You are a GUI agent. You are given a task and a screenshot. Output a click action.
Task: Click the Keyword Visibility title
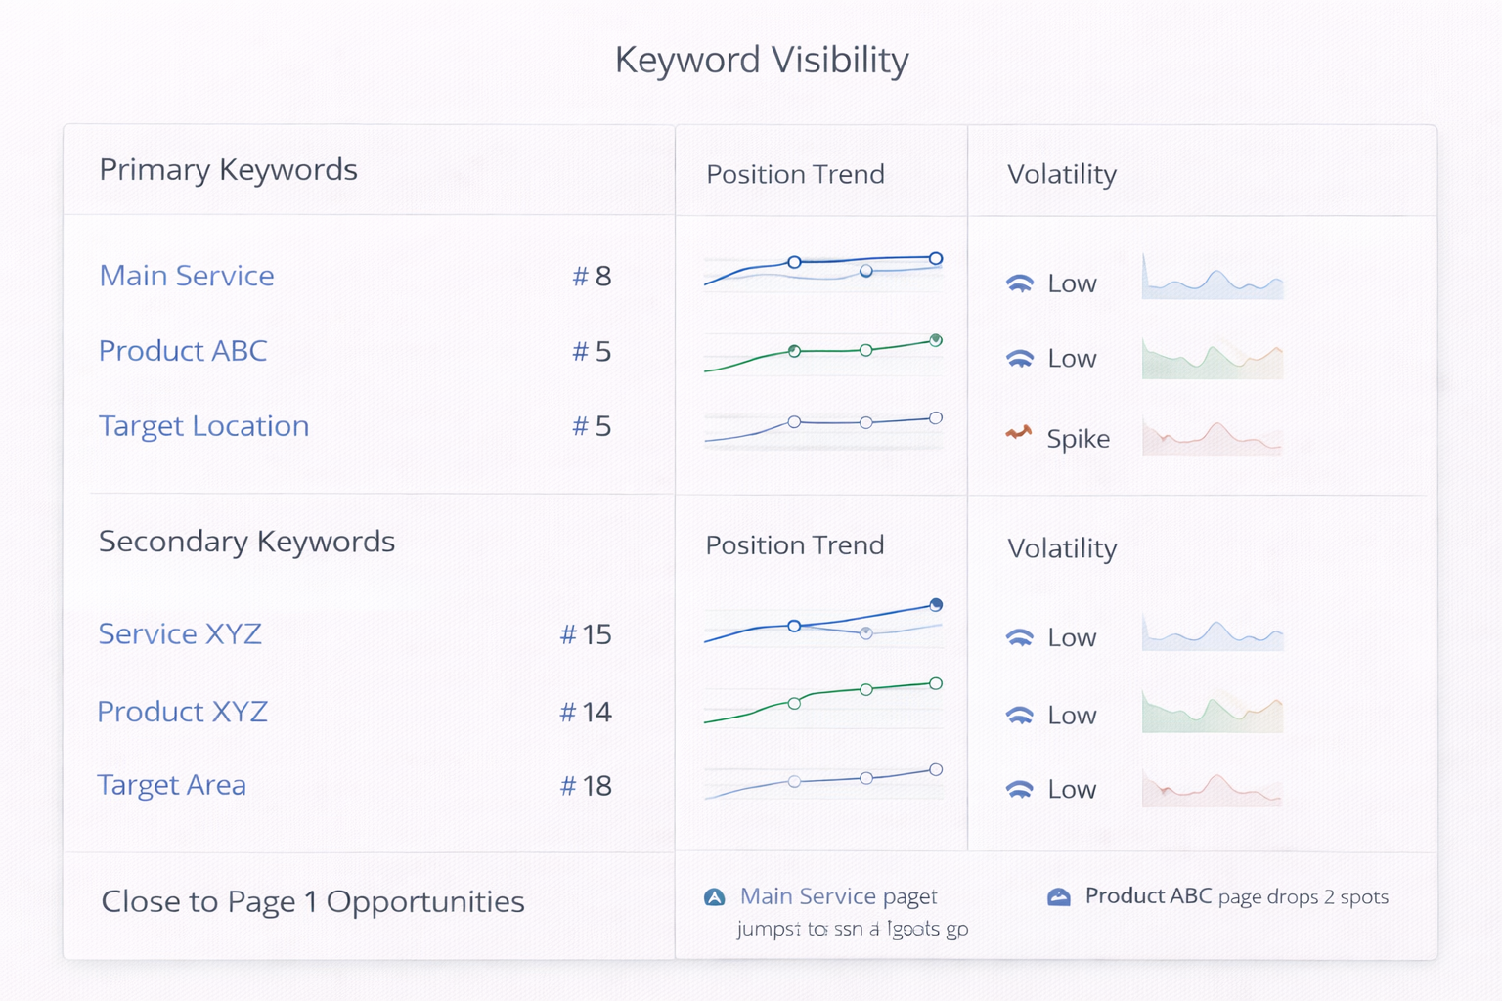point(761,60)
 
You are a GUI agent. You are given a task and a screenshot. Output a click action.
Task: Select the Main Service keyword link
point(187,276)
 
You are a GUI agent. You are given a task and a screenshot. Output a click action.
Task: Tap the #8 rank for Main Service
point(592,277)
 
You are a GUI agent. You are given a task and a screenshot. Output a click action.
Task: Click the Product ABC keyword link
point(183,351)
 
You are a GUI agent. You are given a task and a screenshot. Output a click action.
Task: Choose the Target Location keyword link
point(203,426)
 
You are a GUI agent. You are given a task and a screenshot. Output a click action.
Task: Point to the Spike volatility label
point(1078,438)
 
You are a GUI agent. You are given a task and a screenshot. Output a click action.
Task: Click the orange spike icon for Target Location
point(1019,432)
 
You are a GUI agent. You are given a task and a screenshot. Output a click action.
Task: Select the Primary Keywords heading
point(228,170)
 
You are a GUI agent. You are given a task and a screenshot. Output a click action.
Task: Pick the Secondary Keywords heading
point(246,542)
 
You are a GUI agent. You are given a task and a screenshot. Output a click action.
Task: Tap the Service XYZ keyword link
point(180,634)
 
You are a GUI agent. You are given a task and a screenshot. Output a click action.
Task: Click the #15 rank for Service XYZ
point(586,634)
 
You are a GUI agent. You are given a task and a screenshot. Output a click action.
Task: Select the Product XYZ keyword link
point(182,712)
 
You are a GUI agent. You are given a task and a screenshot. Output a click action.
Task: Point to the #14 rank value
point(586,712)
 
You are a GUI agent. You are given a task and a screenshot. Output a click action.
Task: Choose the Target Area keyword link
point(171,785)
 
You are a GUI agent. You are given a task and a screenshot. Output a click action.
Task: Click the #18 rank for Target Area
point(586,786)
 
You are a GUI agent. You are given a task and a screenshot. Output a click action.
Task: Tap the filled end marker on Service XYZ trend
point(936,604)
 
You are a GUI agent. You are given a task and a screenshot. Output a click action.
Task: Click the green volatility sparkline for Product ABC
point(1212,359)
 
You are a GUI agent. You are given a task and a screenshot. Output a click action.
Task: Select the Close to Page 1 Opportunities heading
point(313,901)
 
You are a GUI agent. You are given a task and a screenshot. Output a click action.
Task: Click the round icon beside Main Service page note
point(715,897)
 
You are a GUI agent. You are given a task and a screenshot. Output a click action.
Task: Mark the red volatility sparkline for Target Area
point(1212,789)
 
